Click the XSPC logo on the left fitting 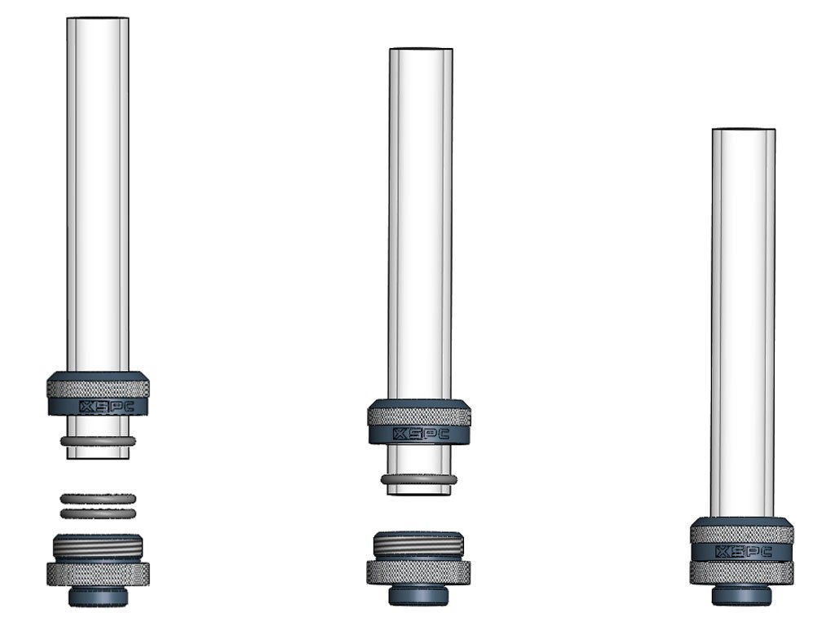(107, 408)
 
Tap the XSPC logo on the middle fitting (420, 434)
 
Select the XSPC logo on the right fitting (744, 552)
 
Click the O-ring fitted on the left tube (98, 441)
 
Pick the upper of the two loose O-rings (98, 499)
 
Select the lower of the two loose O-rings (98, 514)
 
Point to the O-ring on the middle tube (418, 479)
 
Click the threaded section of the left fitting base (98, 546)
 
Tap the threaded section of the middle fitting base (418, 544)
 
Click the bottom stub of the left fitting (98, 596)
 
